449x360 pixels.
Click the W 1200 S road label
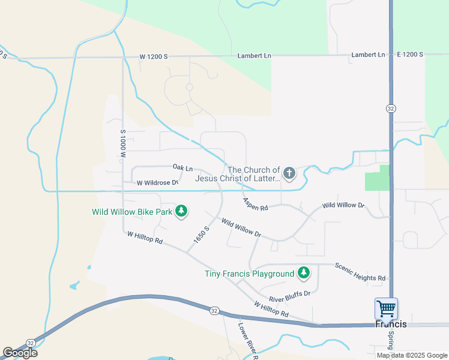[x=153, y=56]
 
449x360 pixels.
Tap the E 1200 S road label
[x=410, y=55]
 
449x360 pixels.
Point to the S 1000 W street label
[x=122, y=143]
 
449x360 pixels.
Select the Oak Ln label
[x=182, y=167]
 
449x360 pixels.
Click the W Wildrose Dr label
[x=158, y=182]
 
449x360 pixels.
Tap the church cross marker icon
[x=289, y=174]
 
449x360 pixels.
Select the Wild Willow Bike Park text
[x=132, y=212]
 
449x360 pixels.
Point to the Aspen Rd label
[x=255, y=204]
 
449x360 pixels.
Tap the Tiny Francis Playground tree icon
[x=304, y=274]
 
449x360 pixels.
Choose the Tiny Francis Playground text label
[x=249, y=274]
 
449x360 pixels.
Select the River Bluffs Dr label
[x=289, y=296]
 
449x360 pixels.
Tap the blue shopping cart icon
[x=386, y=308]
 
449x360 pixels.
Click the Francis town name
[x=391, y=324]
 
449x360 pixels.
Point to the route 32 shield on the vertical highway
[x=391, y=108]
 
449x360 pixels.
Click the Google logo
[x=20, y=353]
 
